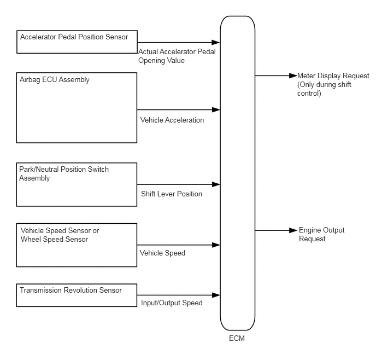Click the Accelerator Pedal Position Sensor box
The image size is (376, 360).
tap(77, 42)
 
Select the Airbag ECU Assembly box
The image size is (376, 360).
tap(77, 108)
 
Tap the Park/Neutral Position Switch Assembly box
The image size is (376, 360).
tap(77, 184)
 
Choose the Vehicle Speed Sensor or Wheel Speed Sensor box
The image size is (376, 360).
tap(77, 245)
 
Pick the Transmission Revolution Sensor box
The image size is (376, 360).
tap(77, 295)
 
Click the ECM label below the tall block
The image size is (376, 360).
tap(237, 338)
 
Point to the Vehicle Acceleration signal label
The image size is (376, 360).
tap(172, 120)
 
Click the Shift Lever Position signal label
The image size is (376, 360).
tap(172, 194)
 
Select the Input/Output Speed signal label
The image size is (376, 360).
tap(172, 303)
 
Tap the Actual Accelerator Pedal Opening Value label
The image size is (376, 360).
tap(177, 56)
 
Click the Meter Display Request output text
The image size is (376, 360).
tap(333, 84)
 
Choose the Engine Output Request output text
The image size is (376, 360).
tap(321, 235)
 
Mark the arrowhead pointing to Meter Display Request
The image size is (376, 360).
tap(293, 76)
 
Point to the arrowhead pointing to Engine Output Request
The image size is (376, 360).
tap(293, 230)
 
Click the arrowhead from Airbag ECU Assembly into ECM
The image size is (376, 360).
tap(216, 109)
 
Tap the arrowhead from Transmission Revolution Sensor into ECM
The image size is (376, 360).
tap(216, 295)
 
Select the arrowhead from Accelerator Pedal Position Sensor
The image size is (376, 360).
tap(216, 43)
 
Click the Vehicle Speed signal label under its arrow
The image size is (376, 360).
tap(162, 253)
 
